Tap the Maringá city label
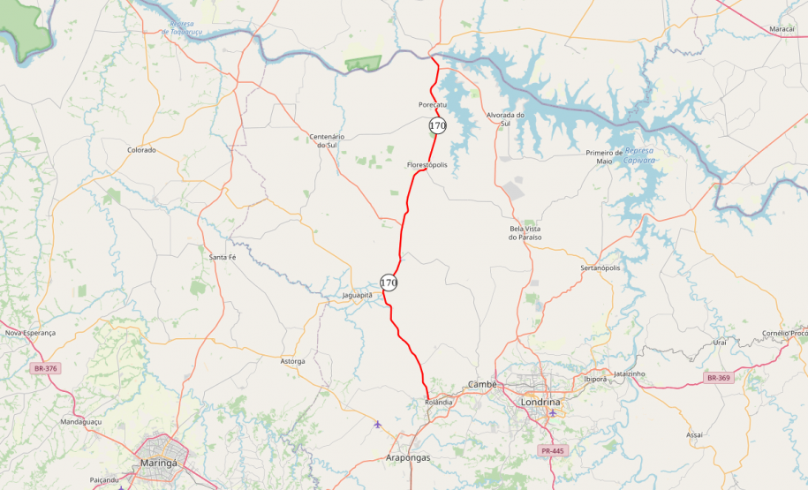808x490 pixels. pyautogui.click(x=159, y=462)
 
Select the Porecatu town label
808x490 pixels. pyautogui.click(x=433, y=105)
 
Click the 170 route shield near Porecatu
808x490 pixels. pyautogui.click(x=437, y=125)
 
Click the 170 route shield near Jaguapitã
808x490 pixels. pyautogui.click(x=389, y=283)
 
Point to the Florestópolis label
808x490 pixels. pyautogui.click(x=427, y=165)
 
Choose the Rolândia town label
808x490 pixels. pyautogui.click(x=438, y=402)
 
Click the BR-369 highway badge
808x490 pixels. pyautogui.click(x=718, y=378)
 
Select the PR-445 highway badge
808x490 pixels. pyautogui.click(x=551, y=451)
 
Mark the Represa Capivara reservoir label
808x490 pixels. pyautogui.click(x=639, y=155)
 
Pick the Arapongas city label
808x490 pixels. pyautogui.click(x=408, y=458)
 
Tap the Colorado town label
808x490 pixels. pyautogui.click(x=141, y=150)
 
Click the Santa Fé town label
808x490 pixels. pyautogui.click(x=222, y=257)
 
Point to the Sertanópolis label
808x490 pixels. pyautogui.click(x=600, y=268)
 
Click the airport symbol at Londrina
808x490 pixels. pyautogui.click(x=553, y=412)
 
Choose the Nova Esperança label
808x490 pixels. pyautogui.click(x=30, y=333)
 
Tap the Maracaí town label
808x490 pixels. pyautogui.click(x=782, y=29)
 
